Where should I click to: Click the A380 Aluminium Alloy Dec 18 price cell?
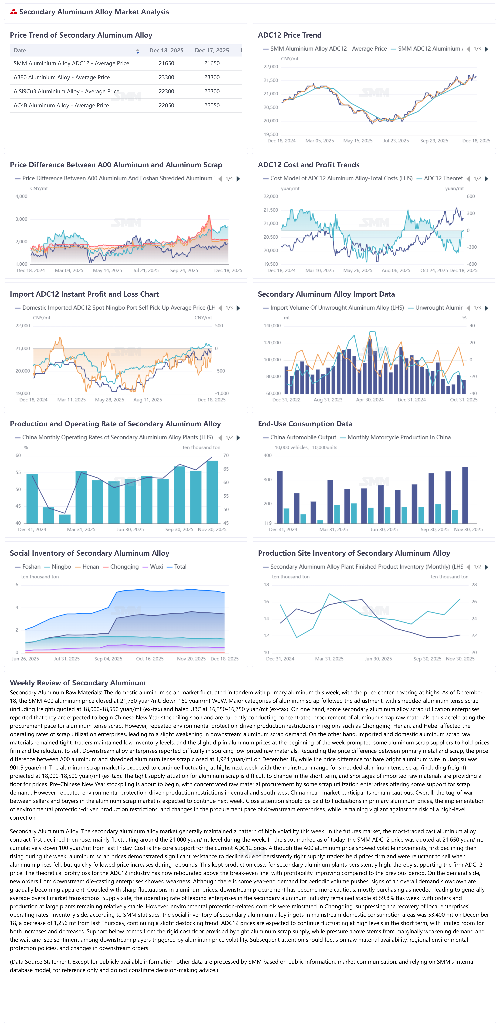coord(166,77)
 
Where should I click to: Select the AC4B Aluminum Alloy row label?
coord(61,105)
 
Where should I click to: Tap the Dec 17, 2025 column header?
coord(212,50)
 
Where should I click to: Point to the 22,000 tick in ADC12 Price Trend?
coord(271,67)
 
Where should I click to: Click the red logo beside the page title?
coord(14,12)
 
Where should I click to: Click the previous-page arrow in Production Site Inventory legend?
coord(468,567)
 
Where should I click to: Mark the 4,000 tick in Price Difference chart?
coord(21,196)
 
